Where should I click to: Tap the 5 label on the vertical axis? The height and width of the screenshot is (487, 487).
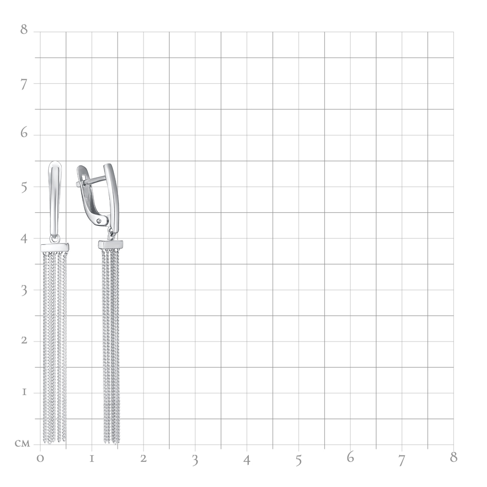(24, 188)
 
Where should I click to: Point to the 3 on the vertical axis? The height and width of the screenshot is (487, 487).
(24, 291)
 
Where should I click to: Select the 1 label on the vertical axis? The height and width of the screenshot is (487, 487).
(24, 392)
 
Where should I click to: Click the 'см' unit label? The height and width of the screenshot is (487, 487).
(22, 444)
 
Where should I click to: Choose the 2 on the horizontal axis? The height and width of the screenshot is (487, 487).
(144, 459)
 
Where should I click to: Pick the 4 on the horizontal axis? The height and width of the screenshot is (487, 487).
(247, 460)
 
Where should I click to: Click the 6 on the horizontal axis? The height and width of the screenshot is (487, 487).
(350, 457)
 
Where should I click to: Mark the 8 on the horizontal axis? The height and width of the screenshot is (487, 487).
(454, 457)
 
